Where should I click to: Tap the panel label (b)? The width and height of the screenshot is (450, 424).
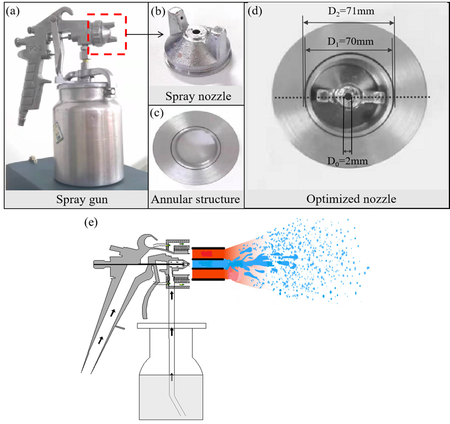pos(157,11)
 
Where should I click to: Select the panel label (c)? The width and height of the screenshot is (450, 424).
pos(157,114)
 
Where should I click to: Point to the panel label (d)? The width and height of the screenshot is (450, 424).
pos(255,11)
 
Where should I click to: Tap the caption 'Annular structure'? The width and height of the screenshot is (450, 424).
pos(195,200)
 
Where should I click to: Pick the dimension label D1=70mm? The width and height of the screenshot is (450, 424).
pos(349,41)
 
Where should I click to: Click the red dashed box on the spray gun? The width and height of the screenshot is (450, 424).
pos(107,34)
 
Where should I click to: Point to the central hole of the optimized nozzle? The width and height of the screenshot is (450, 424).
pos(348,97)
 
